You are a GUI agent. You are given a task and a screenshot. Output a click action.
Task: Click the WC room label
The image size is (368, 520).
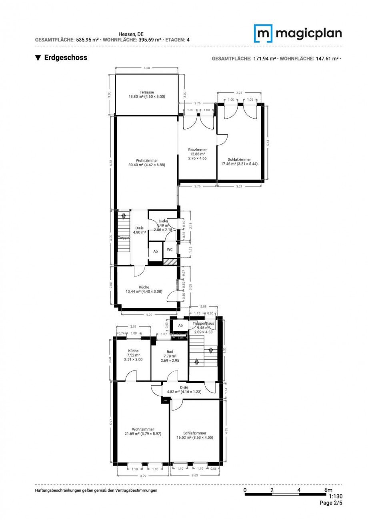pos(170,249)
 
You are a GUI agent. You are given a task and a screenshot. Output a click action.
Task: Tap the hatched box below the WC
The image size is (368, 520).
pos(170,261)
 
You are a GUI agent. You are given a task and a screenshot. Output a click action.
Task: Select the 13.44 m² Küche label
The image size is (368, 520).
pos(144,289)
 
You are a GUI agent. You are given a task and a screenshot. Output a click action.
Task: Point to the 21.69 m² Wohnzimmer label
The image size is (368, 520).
pos(143,431)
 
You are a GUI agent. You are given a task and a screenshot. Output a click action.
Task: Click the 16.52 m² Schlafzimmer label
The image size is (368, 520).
pos(195,435)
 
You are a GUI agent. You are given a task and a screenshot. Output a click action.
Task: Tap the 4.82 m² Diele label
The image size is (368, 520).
pos(184,390)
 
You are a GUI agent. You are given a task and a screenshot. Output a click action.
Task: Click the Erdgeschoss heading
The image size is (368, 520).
pos(66,58)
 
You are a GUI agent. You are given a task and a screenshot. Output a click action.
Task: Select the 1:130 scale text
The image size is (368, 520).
pos(335,496)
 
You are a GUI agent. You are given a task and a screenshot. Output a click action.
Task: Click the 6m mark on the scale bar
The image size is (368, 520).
pos(328,490)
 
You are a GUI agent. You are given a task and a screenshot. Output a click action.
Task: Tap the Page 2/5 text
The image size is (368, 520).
pos(331,503)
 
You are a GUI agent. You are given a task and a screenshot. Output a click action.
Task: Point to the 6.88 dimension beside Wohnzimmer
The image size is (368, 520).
pos(111,162)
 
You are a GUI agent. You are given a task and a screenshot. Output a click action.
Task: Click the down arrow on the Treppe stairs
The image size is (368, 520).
pos(124,216)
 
